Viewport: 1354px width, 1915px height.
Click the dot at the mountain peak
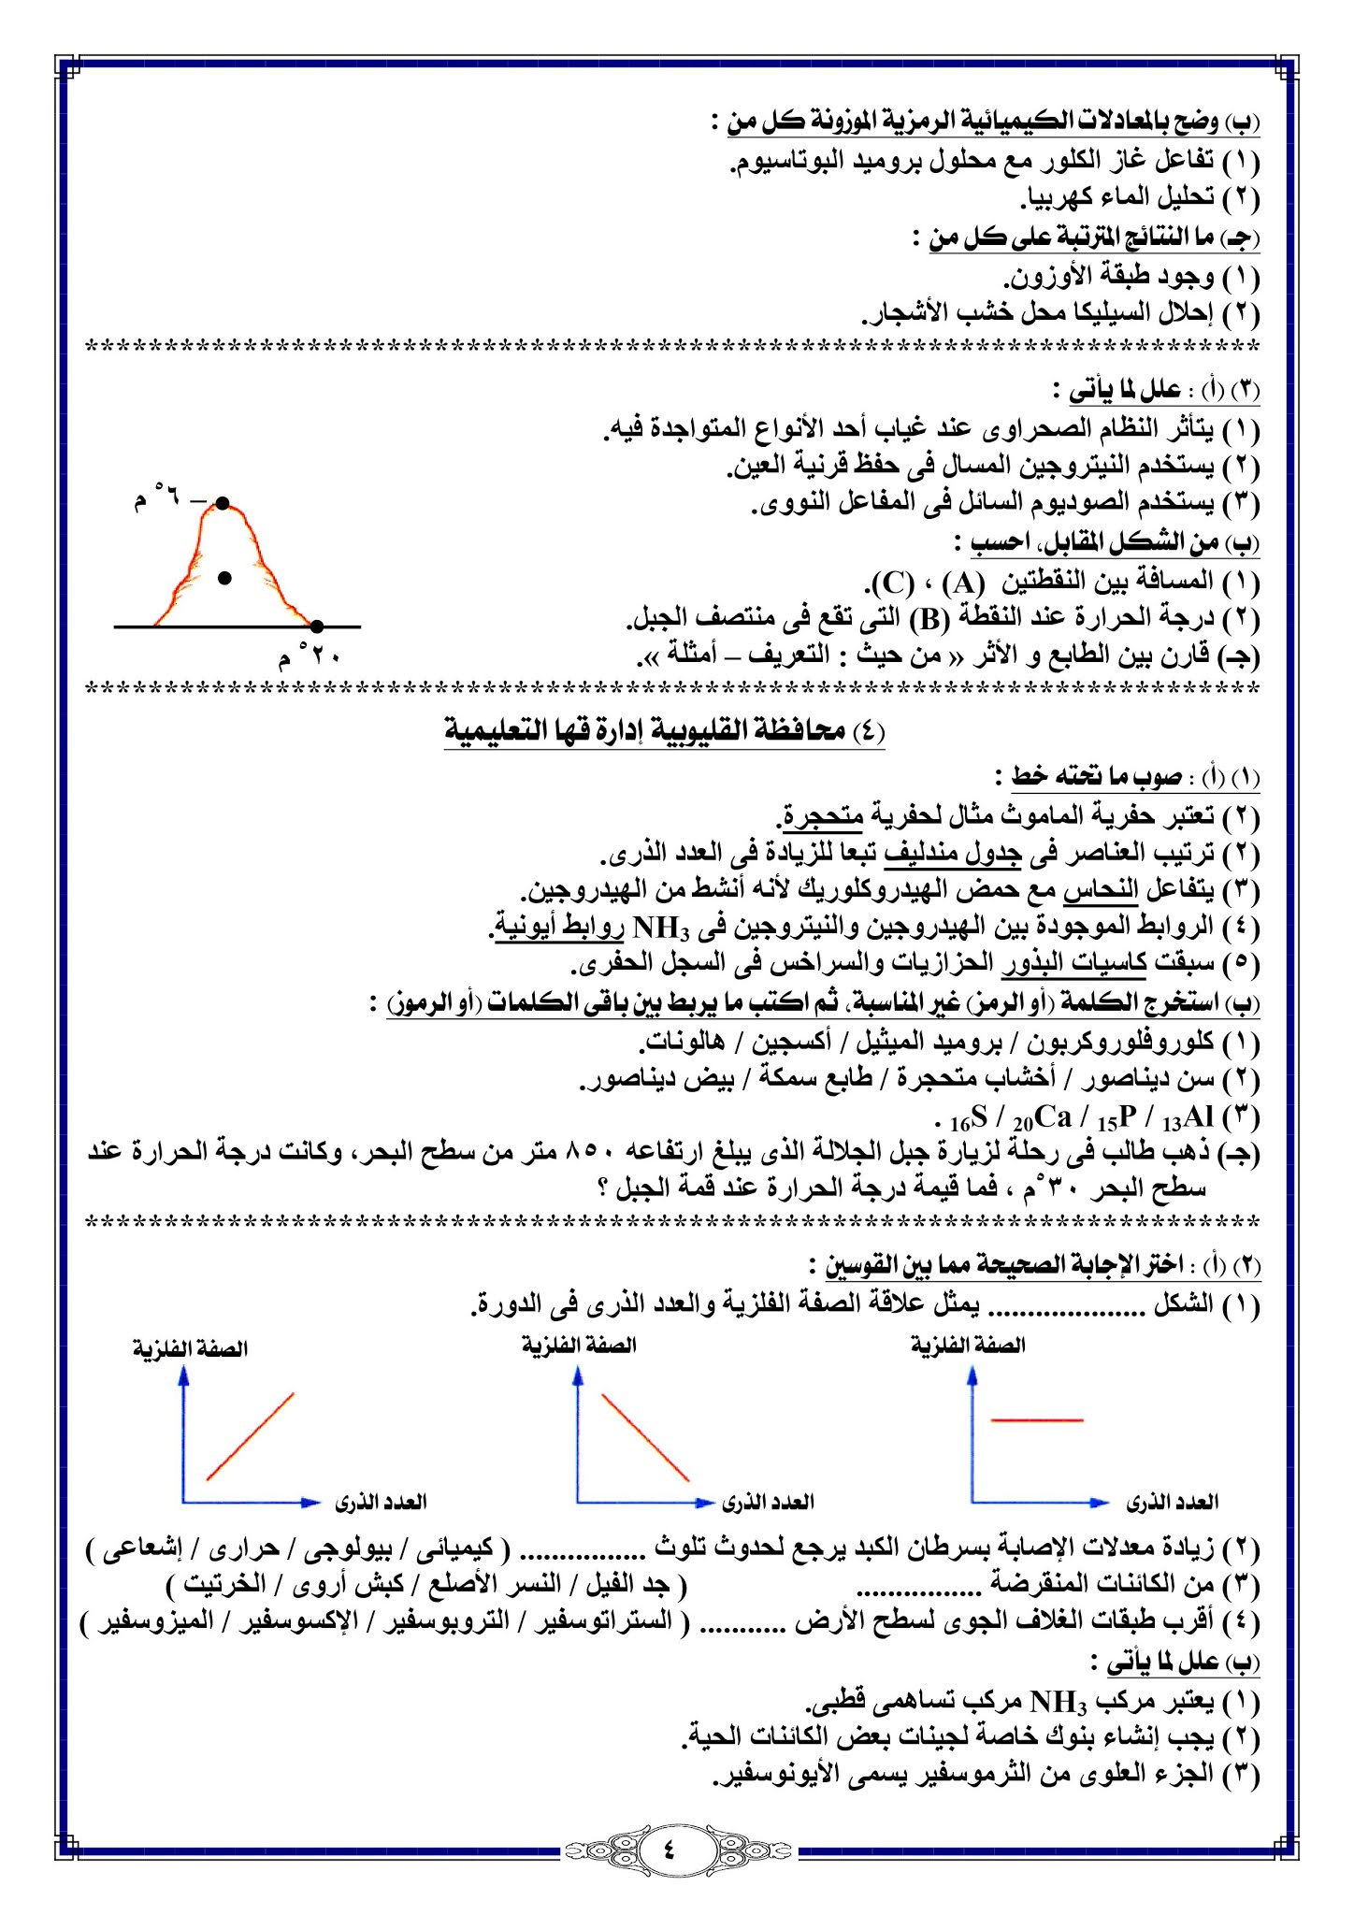[223, 504]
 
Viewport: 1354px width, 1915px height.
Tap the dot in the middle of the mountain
[224, 579]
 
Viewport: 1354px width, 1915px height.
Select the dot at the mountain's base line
[317, 626]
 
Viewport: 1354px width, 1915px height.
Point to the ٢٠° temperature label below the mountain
[309, 657]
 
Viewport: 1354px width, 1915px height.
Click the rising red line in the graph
[251, 1436]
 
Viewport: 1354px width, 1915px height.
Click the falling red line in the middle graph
[645, 1437]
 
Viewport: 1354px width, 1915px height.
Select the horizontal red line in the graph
[1036, 1420]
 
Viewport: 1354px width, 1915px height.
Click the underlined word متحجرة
[823, 816]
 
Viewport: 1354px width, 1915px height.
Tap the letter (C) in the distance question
[892, 583]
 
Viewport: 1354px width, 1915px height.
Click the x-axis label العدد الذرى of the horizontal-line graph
[1173, 1503]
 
